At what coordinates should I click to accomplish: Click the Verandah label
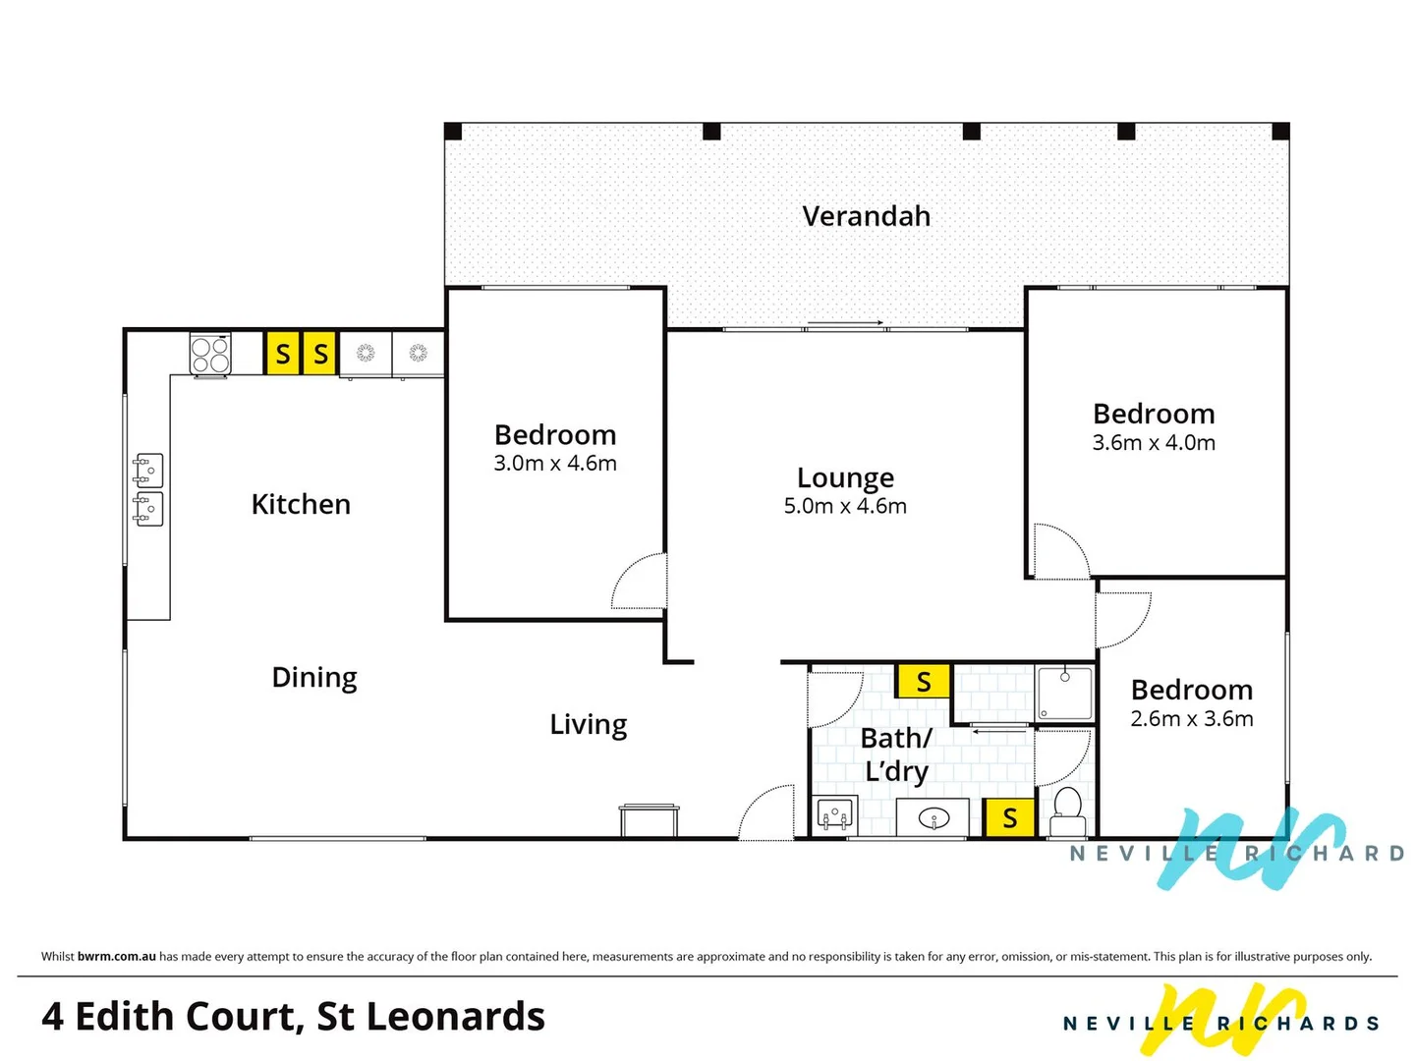(866, 216)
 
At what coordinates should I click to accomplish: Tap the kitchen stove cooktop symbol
(210, 355)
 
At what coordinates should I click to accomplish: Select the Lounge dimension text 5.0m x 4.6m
(844, 506)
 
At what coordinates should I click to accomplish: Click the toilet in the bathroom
(1067, 810)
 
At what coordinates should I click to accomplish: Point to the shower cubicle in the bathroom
(1064, 694)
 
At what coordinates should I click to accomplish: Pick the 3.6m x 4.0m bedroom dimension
(1154, 442)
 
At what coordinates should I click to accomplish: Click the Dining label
(313, 678)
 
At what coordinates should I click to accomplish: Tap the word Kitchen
(301, 504)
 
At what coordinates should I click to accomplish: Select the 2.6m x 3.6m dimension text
(1191, 718)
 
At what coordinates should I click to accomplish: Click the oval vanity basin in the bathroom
(933, 818)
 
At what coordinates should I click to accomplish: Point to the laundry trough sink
(835, 816)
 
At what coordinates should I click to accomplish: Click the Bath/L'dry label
(896, 754)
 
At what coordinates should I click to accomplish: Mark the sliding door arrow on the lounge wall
(844, 323)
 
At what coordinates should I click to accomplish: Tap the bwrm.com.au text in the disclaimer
(117, 956)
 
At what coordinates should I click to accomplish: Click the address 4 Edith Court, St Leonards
(293, 1016)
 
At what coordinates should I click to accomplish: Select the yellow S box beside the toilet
(1009, 817)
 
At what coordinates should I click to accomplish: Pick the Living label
(588, 725)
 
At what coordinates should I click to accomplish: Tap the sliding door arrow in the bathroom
(998, 731)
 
